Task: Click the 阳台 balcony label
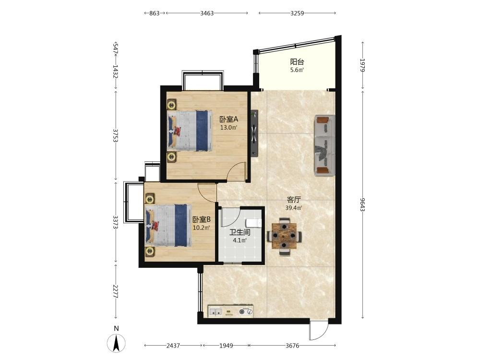pos(297,62)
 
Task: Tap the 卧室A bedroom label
pos(228,119)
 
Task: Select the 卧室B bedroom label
pos(202,219)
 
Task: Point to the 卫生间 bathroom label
pos(240,232)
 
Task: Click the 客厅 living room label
pos(294,200)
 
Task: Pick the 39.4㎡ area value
pos(294,208)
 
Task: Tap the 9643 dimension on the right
pos(363,204)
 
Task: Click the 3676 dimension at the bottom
pos(292,346)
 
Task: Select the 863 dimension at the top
pos(155,13)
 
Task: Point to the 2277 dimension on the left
pos(115,291)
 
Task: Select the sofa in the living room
pos(324,145)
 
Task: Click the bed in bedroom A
pos(190,131)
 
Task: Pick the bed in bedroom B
pos(168,225)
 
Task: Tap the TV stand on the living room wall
pos(254,133)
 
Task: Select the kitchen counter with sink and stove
pos(231,312)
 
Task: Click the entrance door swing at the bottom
pos(318,331)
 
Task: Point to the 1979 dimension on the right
pos(363,65)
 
